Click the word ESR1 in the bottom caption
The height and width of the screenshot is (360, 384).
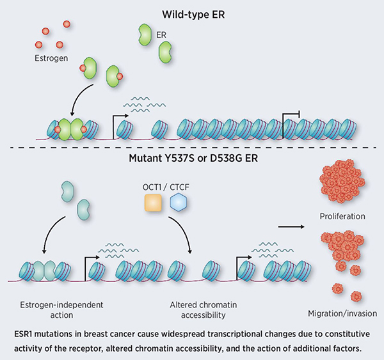(26, 333)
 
